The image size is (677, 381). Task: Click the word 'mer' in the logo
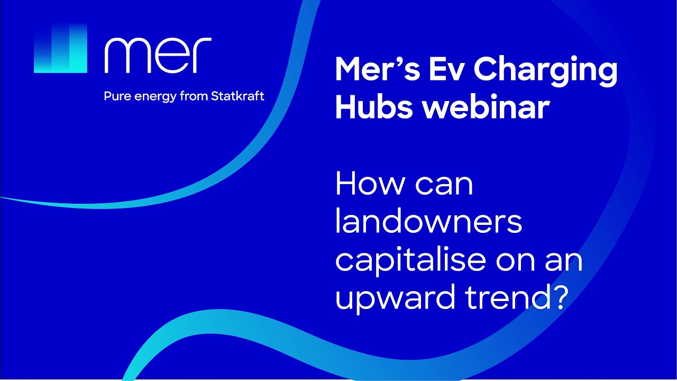[158, 55]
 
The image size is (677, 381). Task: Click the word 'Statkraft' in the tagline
[237, 97]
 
